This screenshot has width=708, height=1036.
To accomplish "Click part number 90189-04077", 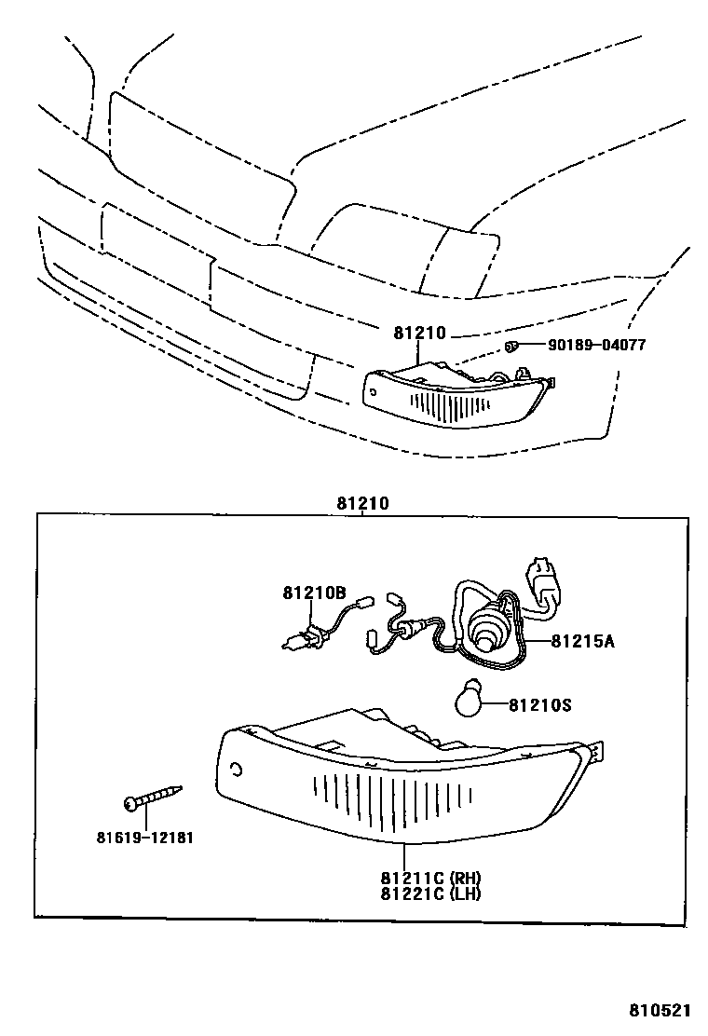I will click(596, 345).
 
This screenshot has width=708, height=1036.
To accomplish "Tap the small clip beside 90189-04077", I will click(511, 347).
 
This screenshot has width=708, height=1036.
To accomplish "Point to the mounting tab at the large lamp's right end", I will click(597, 751).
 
